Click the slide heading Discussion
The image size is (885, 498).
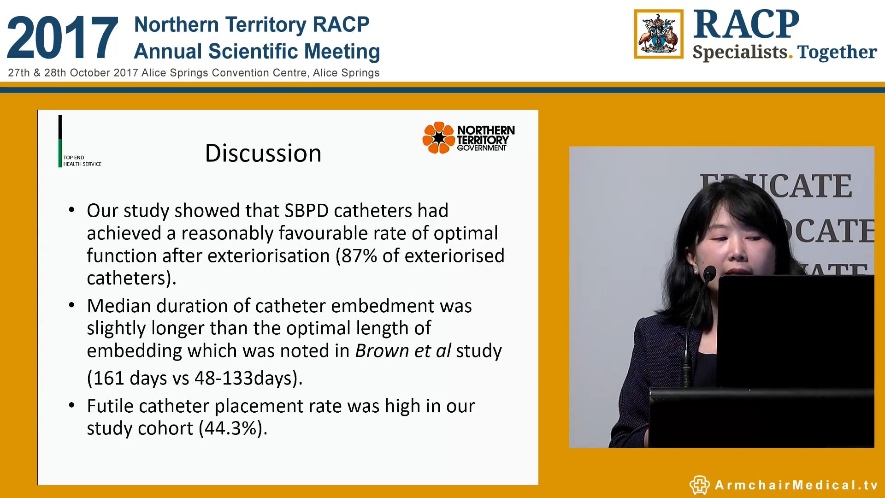[263, 153]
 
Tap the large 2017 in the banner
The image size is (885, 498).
[62, 38]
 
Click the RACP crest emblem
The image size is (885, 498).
[658, 34]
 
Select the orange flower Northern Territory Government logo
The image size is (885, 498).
[438, 137]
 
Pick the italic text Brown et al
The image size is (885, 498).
[403, 351]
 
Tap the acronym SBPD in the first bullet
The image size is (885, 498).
[306, 211]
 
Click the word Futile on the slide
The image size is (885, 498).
[110, 406]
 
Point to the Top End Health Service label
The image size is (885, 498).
[82, 161]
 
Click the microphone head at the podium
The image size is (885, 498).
[709, 273]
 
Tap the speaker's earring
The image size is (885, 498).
[696, 271]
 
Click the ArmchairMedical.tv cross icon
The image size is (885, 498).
[699, 485]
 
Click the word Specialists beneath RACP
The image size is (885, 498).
[740, 52]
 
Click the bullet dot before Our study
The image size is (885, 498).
[71, 210]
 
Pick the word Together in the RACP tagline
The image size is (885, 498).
[837, 52]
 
